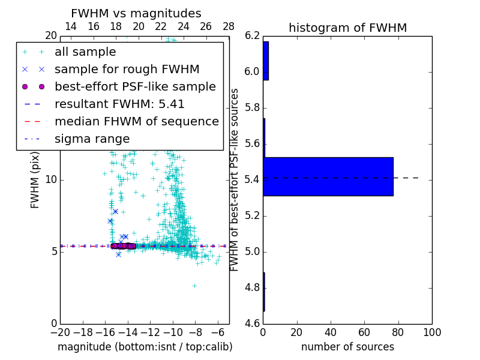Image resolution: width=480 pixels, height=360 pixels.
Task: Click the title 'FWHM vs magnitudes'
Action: point(136,13)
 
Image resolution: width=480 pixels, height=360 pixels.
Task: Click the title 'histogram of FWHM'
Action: point(347,28)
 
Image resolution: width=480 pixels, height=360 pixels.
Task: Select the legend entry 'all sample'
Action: point(85,52)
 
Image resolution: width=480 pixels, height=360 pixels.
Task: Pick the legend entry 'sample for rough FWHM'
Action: point(127,69)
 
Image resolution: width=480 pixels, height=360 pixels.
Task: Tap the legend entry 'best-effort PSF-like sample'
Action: point(135,86)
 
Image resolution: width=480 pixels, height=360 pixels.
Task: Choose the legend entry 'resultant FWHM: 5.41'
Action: point(119,104)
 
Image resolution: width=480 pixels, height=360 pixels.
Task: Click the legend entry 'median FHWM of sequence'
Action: point(136,121)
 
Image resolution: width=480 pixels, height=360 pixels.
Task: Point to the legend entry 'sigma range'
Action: point(92,139)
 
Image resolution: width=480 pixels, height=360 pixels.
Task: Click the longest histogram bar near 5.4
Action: point(328,176)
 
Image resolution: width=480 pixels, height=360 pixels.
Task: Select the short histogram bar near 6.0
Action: point(266,61)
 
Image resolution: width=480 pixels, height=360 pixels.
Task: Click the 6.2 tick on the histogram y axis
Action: point(252,36)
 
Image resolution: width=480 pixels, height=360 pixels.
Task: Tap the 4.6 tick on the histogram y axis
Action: point(252,323)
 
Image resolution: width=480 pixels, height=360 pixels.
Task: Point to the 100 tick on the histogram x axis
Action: point(431,332)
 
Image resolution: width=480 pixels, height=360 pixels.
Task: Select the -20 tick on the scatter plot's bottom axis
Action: point(60,332)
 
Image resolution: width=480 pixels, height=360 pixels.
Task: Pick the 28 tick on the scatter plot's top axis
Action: point(229,26)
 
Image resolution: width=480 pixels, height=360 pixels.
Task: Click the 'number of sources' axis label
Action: point(347,347)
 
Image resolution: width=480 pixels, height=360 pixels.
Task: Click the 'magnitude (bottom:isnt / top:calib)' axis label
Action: point(145,347)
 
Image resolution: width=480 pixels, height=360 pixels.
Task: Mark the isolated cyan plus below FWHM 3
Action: point(194,286)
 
